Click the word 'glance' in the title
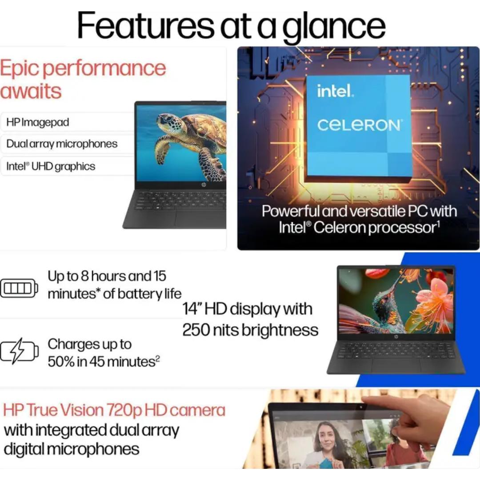334,27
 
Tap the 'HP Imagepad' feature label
38,122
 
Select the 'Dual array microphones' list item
62,144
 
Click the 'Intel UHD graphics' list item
51,166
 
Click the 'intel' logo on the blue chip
335,91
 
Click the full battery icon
19,288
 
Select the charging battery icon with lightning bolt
19,351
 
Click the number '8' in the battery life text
84,276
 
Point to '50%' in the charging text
61,362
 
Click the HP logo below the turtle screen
203,185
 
